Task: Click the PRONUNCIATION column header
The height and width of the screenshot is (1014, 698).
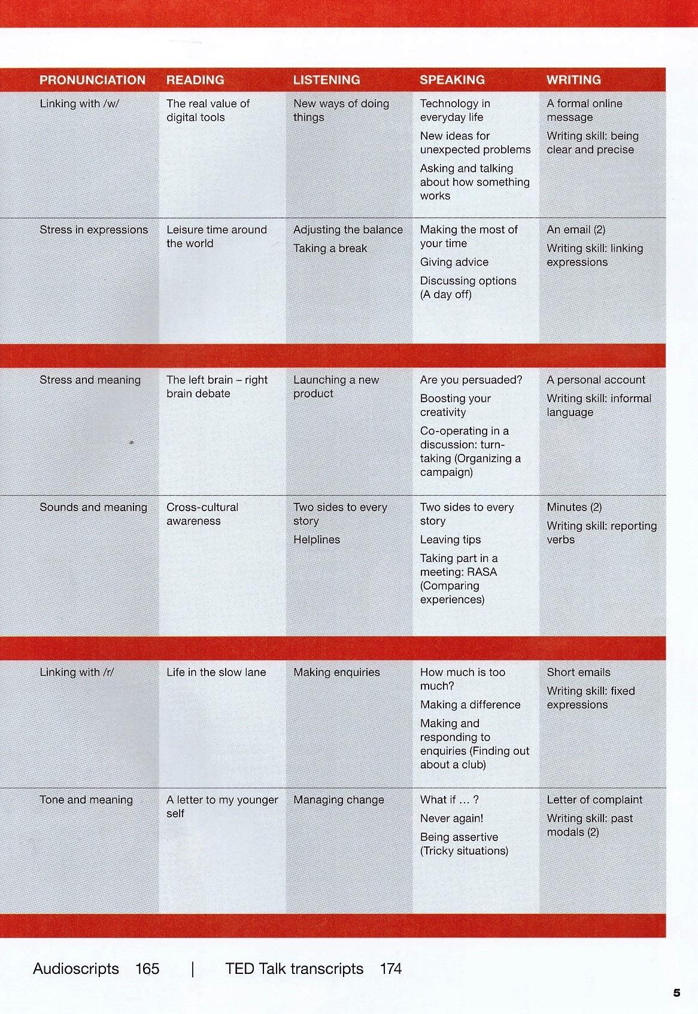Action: pos(92,80)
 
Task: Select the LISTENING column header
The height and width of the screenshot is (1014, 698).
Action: pos(326,80)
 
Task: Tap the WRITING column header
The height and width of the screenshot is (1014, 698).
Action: pos(573,80)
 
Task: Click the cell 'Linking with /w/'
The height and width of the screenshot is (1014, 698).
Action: pos(80,104)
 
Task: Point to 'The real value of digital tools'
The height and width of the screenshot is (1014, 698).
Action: pos(207,111)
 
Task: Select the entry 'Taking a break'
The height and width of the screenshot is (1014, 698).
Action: pos(330,248)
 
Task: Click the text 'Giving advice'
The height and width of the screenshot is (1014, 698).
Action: pos(454,262)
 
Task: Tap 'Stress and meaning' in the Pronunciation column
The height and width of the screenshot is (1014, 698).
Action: pos(90,380)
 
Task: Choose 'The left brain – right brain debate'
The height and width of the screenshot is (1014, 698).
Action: pos(217,387)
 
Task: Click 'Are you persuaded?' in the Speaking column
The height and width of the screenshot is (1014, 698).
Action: pos(471,380)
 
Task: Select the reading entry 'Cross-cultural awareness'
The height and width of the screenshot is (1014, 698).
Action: pos(202,514)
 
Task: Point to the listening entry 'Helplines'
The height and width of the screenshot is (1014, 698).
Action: pos(316,540)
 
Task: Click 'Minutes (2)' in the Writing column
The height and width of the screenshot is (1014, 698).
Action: pos(573,508)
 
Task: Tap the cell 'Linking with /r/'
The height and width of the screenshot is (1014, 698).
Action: pos(77,672)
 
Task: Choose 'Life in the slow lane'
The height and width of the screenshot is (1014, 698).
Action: pos(216,672)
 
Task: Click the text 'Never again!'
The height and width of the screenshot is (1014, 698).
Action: pos(451,818)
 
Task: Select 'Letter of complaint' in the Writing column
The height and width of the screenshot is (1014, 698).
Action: pos(594,800)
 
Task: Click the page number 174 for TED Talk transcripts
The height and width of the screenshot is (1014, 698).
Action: pos(390,969)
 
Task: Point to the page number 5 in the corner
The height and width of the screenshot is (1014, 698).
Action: pos(676,993)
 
